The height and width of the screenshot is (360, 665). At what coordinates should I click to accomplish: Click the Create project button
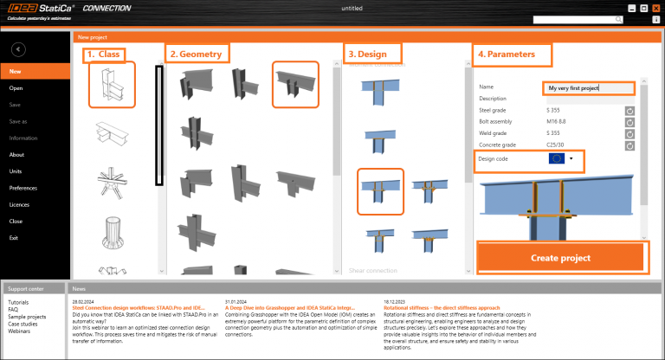pyautogui.click(x=560, y=258)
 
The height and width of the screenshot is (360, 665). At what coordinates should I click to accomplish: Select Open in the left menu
pyautogui.click(x=16, y=88)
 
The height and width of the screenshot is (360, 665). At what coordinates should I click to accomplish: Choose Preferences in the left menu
pyautogui.click(x=23, y=188)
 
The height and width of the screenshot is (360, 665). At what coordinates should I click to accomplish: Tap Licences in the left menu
pyautogui.click(x=20, y=204)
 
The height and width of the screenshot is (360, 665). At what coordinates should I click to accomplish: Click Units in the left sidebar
pyautogui.click(x=16, y=171)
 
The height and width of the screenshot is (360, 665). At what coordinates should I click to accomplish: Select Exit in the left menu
pyautogui.click(x=15, y=237)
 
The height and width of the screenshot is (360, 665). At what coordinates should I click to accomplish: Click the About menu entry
pyautogui.click(x=16, y=155)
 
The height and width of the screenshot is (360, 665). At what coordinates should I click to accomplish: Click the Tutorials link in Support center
pyautogui.click(x=19, y=302)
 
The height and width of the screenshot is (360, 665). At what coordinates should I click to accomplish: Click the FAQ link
pyautogui.click(x=13, y=308)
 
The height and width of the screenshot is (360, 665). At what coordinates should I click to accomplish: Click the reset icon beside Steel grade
pyautogui.click(x=629, y=111)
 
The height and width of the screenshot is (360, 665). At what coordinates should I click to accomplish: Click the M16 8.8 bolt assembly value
pyautogui.click(x=558, y=122)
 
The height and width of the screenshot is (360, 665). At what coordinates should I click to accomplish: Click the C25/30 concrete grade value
pyautogui.click(x=556, y=145)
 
